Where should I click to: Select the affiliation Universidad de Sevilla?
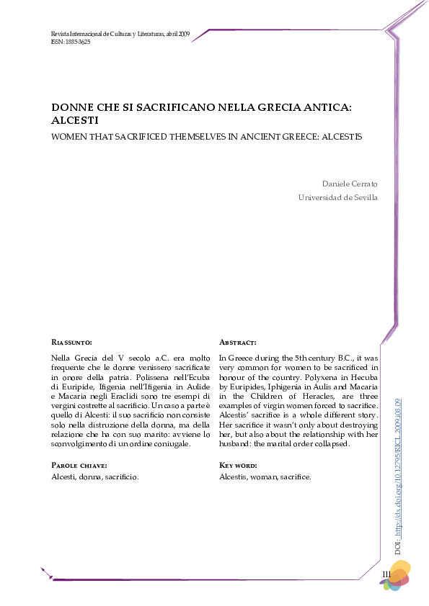tap(337, 197)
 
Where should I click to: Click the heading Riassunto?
tap(72, 343)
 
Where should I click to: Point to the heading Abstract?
tap(238, 343)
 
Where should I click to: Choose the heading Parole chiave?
tap(80, 465)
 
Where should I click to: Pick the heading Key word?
tap(239, 465)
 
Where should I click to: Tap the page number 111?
tap(386, 573)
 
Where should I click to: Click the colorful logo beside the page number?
tap(396, 576)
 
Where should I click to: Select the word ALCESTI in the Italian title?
tap(74, 121)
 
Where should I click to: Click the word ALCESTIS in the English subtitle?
tap(340, 135)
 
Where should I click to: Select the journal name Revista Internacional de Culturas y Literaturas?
tap(102, 34)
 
